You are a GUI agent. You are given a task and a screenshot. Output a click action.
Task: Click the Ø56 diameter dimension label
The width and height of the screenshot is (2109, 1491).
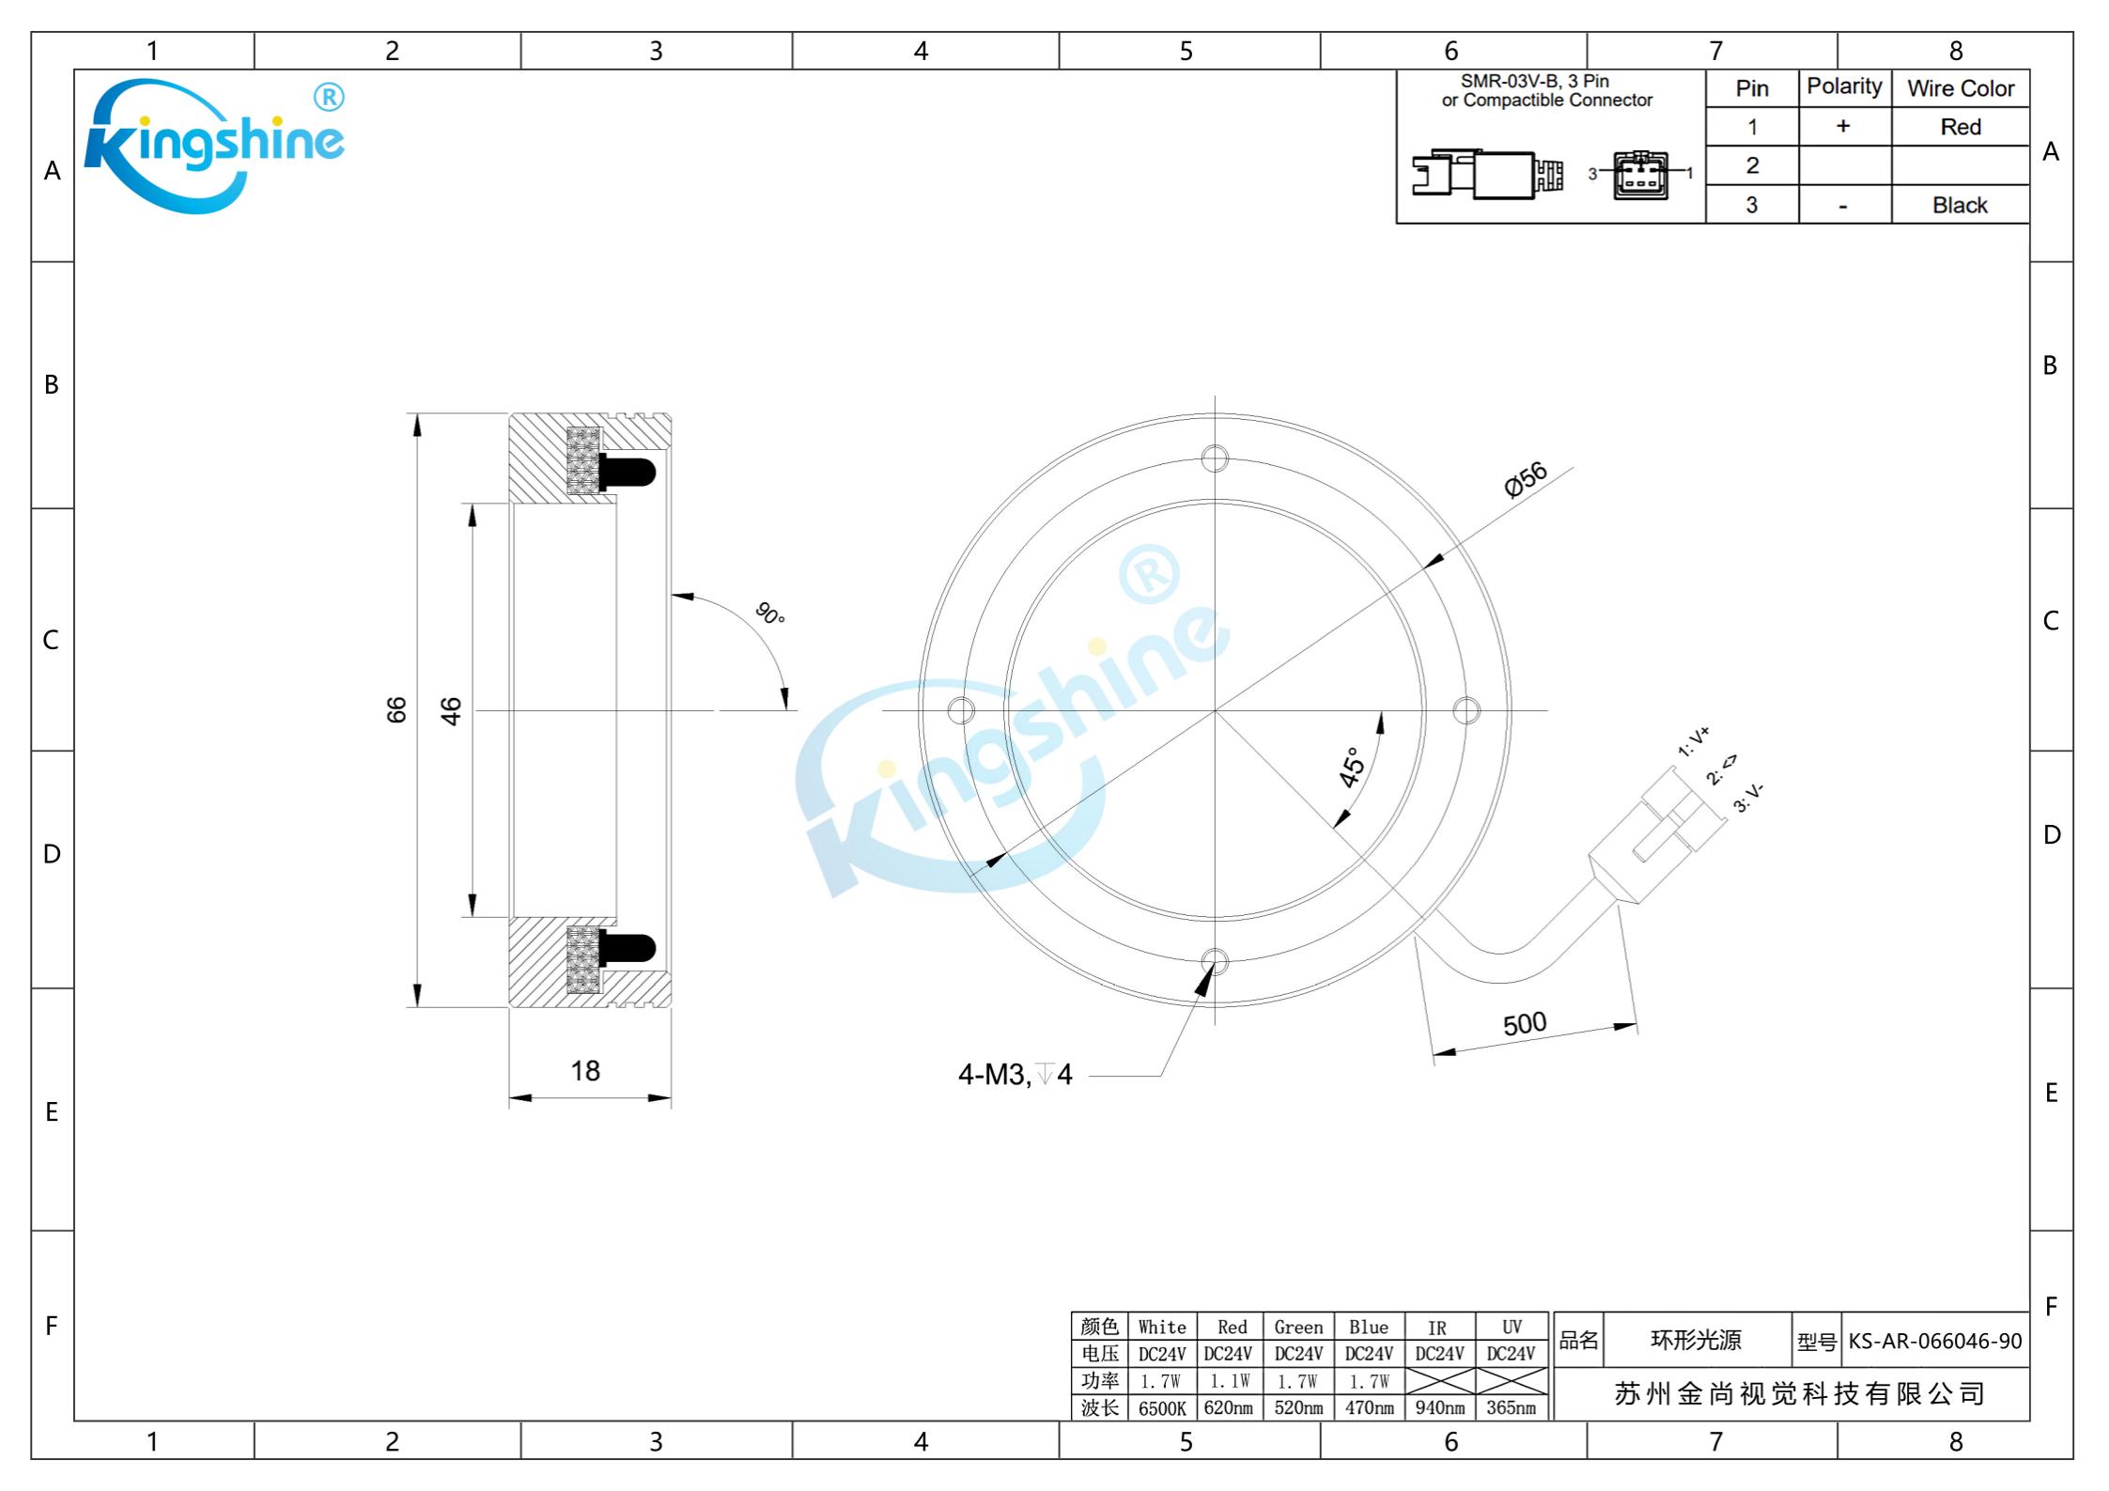pos(1525,479)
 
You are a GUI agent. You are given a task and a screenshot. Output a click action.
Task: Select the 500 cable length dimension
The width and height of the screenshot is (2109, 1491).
pos(1524,1023)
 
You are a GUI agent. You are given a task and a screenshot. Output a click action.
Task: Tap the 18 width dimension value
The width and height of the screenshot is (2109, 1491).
pos(585,1070)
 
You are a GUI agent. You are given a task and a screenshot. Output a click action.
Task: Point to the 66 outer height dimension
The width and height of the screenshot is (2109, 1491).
pos(396,709)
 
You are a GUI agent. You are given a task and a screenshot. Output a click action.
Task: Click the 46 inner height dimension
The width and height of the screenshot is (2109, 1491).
pos(451,711)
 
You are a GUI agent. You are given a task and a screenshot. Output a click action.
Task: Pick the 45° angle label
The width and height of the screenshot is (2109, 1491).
pos(1352,767)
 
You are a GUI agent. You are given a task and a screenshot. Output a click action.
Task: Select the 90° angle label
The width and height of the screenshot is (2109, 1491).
pos(770,613)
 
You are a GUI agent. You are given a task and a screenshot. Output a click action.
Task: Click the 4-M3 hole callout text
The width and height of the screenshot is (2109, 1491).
pos(1015,1074)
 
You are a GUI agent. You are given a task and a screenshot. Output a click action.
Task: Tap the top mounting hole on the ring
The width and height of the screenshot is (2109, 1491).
pos(1215,458)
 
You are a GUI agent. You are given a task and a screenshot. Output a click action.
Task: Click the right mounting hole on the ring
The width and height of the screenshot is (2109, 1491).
pos(1466,710)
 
